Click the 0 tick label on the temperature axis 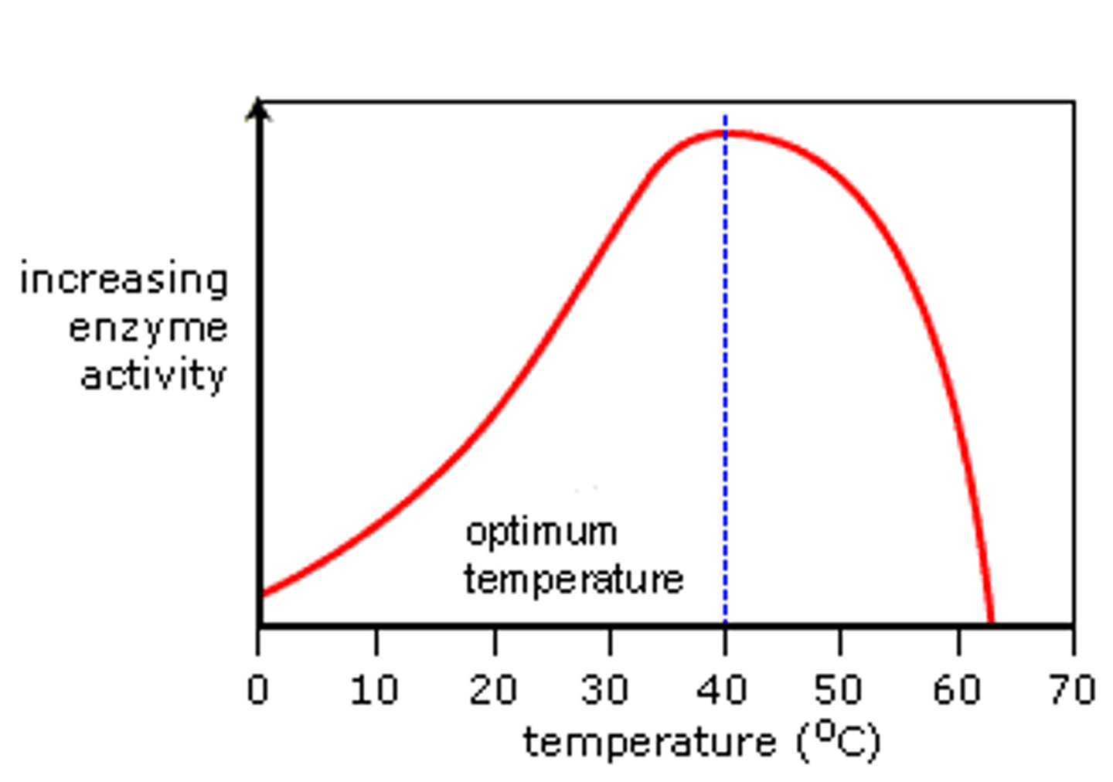click(258, 688)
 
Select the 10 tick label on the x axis click(374, 688)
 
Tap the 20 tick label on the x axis click(492, 688)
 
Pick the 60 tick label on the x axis click(957, 688)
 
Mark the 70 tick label click(1073, 688)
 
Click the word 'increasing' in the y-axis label click(124, 280)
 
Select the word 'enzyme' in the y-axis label click(148, 329)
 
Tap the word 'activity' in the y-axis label click(153, 376)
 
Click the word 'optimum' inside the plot click(541, 533)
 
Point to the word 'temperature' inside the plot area click(574, 580)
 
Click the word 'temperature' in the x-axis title click(649, 743)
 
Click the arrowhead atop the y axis click(260, 110)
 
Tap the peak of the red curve click(726, 134)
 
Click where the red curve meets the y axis click(264, 594)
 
